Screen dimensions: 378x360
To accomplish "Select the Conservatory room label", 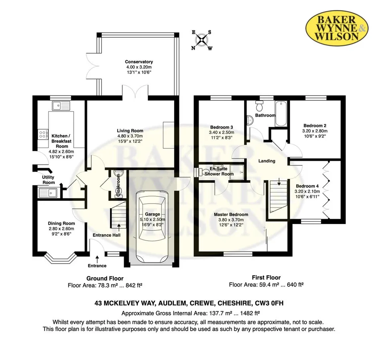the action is (x=139, y=62).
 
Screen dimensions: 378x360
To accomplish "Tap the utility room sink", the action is (x=48, y=192).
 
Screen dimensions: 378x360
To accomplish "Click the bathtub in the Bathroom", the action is (x=281, y=114).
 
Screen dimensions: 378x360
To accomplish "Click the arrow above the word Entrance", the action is (x=97, y=259).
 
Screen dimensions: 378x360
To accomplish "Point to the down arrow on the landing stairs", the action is (x=279, y=182).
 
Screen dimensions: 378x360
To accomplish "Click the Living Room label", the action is (x=130, y=131).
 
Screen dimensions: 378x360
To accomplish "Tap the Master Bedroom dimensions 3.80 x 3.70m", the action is (x=231, y=220).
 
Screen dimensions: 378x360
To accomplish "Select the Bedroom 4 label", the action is (x=307, y=186).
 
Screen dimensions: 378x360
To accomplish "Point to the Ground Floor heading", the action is (x=105, y=279).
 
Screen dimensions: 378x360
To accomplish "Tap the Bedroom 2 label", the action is (x=315, y=126).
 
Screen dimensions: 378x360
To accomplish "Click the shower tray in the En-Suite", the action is (x=237, y=172).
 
